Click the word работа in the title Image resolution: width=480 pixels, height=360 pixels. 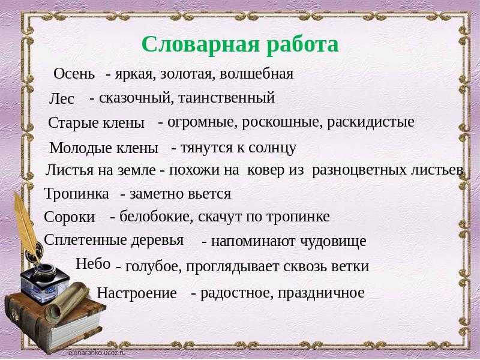[x=302, y=45]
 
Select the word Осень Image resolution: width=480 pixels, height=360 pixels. [x=74, y=73]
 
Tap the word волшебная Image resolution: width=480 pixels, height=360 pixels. [x=257, y=73]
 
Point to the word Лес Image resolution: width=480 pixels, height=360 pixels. [x=62, y=98]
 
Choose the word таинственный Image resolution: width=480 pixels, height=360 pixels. [x=226, y=98]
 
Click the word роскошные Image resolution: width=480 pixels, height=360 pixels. [x=282, y=122]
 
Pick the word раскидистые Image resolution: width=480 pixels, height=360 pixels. [x=370, y=122]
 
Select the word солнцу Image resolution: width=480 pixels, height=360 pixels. [x=272, y=148]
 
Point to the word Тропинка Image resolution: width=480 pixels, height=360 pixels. [x=77, y=194]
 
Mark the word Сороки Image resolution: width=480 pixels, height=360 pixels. [x=70, y=217]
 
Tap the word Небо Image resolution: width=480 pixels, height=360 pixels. [x=93, y=263]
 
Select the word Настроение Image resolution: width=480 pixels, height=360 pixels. [x=137, y=293]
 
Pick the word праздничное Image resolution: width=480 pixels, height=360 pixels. [x=321, y=293]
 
